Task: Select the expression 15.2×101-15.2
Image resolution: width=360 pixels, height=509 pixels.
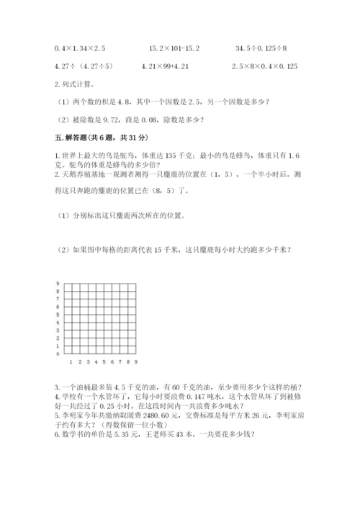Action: tap(174, 48)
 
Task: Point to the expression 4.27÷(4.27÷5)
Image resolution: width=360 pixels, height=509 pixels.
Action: tap(79, 67)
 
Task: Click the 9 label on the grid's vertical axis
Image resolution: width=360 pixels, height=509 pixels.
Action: tap(57, 284)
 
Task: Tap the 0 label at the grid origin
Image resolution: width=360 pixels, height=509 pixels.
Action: tap(57, 354)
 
